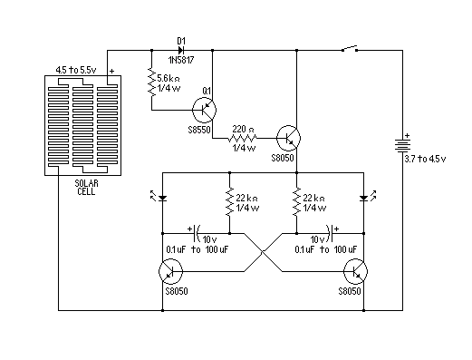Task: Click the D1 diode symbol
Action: (x=181, y=51)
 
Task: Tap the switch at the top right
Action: (x=348, y=49)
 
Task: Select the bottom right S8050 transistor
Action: (x=356, y=270)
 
